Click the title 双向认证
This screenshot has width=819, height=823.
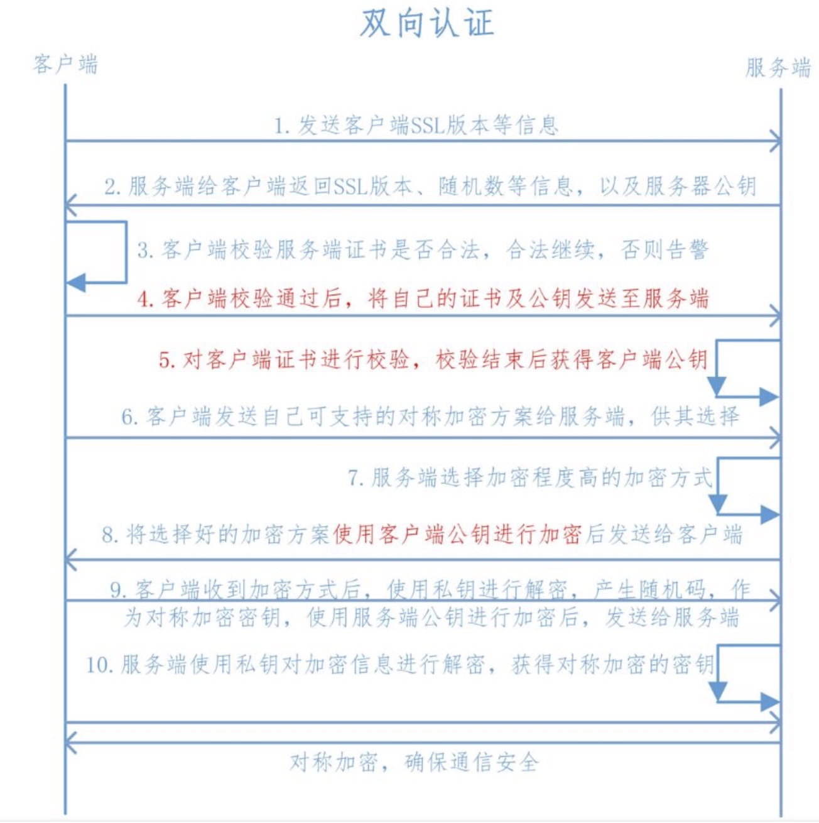click(x=427, y=24)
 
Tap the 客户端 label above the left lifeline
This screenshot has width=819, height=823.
click(x=65, y=64)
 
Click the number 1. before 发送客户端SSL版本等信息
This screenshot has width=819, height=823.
click(x=281, y=126)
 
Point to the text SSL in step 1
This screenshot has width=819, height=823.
click(x=428, y=126)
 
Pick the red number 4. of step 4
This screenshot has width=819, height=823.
click(x=146, y=299)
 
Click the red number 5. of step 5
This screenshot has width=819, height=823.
click(x=167, y=360)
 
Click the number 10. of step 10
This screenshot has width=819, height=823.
click(x=99, y=665)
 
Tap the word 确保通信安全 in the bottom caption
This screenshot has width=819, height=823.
click(x=472, y=763)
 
